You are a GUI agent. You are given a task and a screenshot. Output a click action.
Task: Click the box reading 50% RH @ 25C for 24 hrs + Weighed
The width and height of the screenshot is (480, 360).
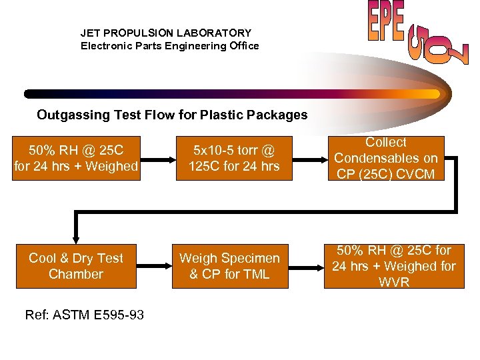click(x=76, y=158)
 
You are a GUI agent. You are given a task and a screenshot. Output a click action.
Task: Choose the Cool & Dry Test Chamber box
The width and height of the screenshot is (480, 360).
click(x=76, y=266)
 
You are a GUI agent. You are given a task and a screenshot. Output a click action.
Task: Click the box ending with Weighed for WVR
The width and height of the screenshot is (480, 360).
click(x=393, y=266)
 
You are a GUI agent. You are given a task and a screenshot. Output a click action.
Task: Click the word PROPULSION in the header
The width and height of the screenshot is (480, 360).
click(x=137, y=33)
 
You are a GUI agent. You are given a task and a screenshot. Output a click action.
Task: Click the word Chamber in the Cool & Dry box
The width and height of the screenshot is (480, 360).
click(x=76, y=274)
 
